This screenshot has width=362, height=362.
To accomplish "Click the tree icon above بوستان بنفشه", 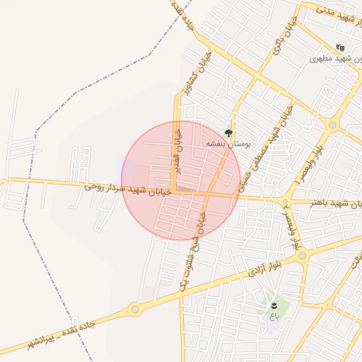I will tap(228, 132).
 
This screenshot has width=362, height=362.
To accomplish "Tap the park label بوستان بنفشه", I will tap(228, 144).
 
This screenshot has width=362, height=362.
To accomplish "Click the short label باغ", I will tap(274, 316).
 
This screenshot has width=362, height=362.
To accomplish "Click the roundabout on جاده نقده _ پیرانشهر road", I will tap(134, 309).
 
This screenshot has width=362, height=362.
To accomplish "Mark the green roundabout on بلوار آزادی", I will tap(303, 255).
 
